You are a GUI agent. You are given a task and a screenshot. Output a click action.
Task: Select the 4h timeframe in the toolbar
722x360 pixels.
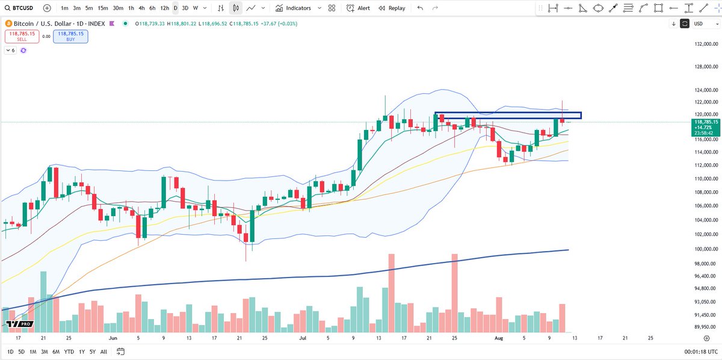point(141,8)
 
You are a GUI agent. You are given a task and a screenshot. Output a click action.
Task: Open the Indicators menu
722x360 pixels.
point(294,8)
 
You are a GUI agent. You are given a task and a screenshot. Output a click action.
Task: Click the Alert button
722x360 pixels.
point(359,8)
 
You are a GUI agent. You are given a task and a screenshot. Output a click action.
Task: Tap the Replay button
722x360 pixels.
point(392,8)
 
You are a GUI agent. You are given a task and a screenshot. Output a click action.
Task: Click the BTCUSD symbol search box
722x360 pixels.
point(21,8)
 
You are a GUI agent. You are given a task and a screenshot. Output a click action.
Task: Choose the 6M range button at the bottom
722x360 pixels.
point(56,352)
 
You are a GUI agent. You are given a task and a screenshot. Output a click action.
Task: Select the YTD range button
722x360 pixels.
point(69,352)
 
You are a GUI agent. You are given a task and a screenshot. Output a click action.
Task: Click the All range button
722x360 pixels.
point(103,352)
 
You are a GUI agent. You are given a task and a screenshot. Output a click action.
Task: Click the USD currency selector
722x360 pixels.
point(701,23)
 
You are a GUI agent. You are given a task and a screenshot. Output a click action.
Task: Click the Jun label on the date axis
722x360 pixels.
point(114,338)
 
